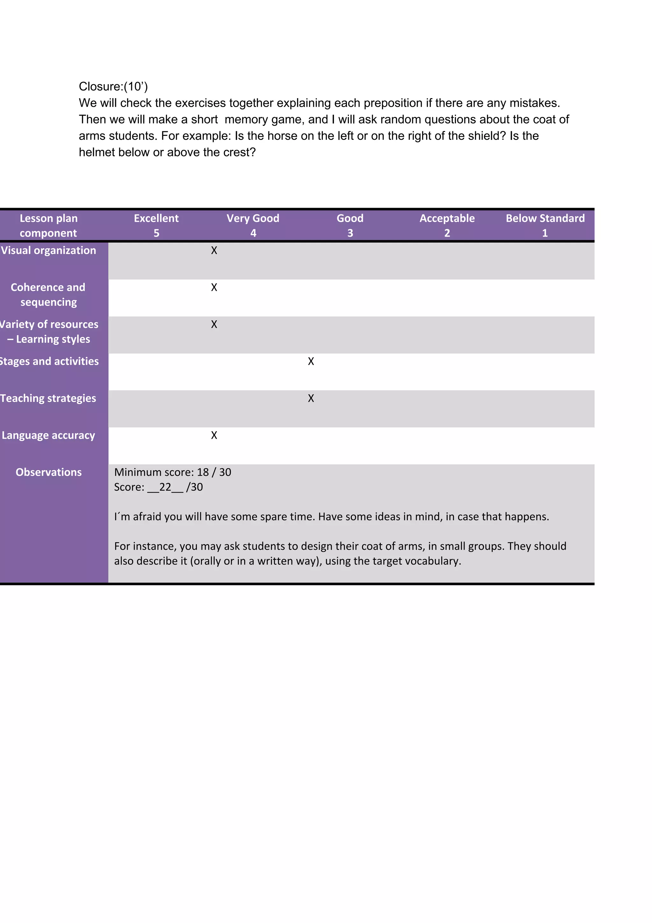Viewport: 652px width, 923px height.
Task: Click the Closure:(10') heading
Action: click(113, 86)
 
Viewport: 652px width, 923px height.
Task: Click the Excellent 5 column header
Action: click(156, 225)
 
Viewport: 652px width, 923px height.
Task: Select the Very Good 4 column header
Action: click(253, 225)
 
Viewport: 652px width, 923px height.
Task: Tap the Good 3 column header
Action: click(350, 225)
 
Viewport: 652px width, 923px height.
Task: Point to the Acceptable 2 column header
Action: click(447, 225)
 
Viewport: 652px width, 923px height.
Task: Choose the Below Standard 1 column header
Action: click(545, 225)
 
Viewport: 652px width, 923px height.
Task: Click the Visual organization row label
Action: click(49, 250)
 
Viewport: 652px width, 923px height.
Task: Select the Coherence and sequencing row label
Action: click(48, 295)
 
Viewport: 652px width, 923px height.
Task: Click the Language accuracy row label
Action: click(49, 435)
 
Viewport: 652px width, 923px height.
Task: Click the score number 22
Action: click(165, 487)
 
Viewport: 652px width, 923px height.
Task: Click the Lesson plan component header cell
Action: click(49, 225)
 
